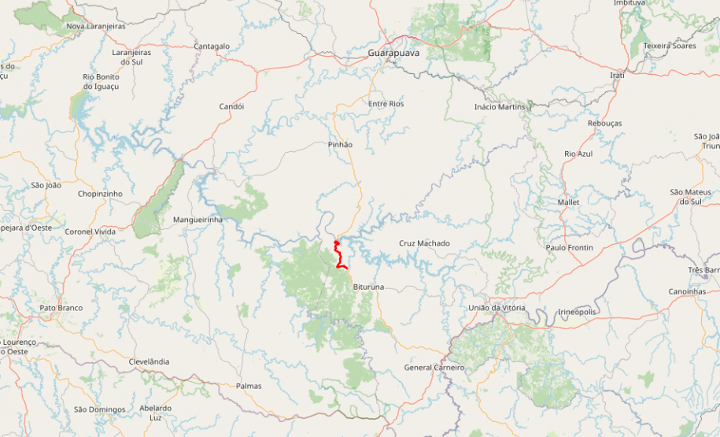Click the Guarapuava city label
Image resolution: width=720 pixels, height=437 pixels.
(x=393, y=53)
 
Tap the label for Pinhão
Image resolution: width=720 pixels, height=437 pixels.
(x=340, y=145)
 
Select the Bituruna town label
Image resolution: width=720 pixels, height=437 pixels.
(x=368, y=287)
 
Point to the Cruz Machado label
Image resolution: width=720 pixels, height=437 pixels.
(x=424, y=243)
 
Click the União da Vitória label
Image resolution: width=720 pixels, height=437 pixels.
(x=496, y=308)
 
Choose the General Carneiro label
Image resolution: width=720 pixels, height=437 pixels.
(x=434, y=368)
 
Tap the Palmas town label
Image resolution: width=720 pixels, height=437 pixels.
(x=249, y=386)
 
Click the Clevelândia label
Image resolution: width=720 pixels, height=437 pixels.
(x=149, y=361)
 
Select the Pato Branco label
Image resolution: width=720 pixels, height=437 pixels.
(x=61, y=308)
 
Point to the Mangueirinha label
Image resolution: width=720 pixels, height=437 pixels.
(x=198, y=220)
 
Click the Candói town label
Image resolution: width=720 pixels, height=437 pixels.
(x=231, y=106)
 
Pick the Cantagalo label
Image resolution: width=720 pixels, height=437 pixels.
(x=212, y=46)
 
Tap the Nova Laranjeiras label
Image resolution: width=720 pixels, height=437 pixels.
(x=96, y=26)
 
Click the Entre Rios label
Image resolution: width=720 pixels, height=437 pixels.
(x=386, y=104)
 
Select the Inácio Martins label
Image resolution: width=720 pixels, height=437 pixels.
(x=499, y=107)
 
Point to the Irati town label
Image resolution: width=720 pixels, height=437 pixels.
(x=617, y=75)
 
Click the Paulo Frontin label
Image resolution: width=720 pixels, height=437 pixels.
(x=570, y=248)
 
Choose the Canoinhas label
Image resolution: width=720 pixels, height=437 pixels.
(x=687, y=291)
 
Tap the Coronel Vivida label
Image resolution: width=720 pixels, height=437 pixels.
(x=90, y=231)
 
